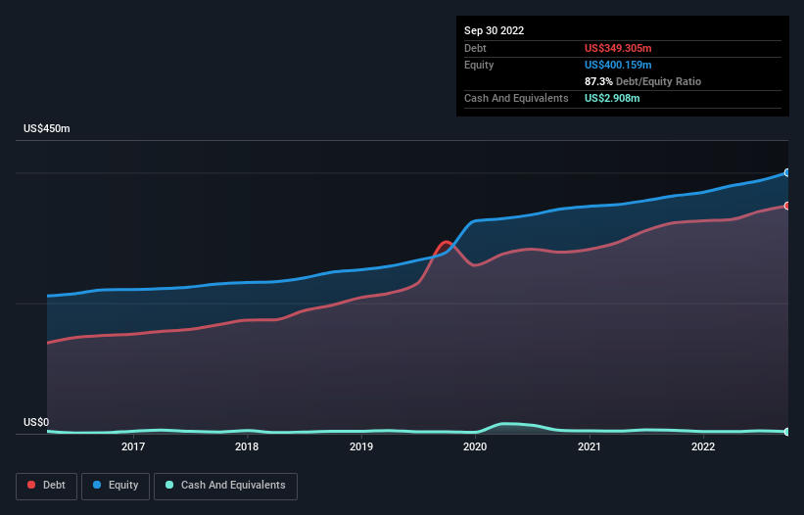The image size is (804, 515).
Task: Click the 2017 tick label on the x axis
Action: pos(133,447)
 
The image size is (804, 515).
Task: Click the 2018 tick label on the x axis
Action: pos(247,447)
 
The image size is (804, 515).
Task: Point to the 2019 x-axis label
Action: pos(361,447)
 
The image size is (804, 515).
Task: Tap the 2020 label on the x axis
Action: pos(475,447)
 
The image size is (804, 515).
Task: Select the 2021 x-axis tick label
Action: pos(590,447)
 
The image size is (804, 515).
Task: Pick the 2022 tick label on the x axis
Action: pos(703,447)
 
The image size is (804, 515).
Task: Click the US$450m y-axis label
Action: pos(48,129)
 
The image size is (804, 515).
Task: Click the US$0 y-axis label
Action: pos(36,423)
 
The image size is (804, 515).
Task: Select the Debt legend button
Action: pos(47,485)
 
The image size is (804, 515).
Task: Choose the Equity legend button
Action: pos(117,485)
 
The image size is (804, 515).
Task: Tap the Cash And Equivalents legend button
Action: pos(225,485)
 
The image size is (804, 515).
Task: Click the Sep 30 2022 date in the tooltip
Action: pos(494,30)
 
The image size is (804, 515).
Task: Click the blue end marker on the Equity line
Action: pos(787,172)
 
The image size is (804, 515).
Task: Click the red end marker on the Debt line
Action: pos(787,206)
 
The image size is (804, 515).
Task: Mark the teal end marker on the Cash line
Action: pos(787,432)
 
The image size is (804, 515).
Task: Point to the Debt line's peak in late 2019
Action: pos(447,242)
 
